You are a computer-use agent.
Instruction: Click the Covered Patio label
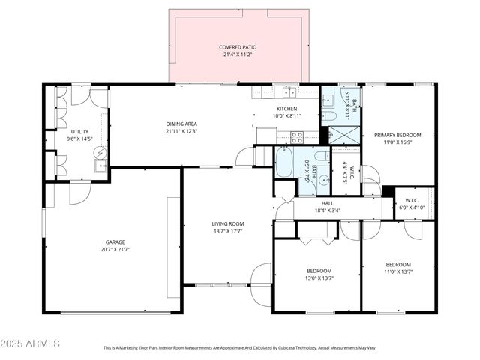(239, 47)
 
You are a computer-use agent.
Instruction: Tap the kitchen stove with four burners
(297, 137)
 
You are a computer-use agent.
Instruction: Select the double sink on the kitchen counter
(288, 92)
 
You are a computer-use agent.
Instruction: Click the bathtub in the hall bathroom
(284, 163)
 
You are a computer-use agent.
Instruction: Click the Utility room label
(79, 132)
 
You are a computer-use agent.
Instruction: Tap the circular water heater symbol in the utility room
(100, 152)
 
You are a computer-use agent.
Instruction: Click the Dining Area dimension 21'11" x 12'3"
(181, 131)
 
